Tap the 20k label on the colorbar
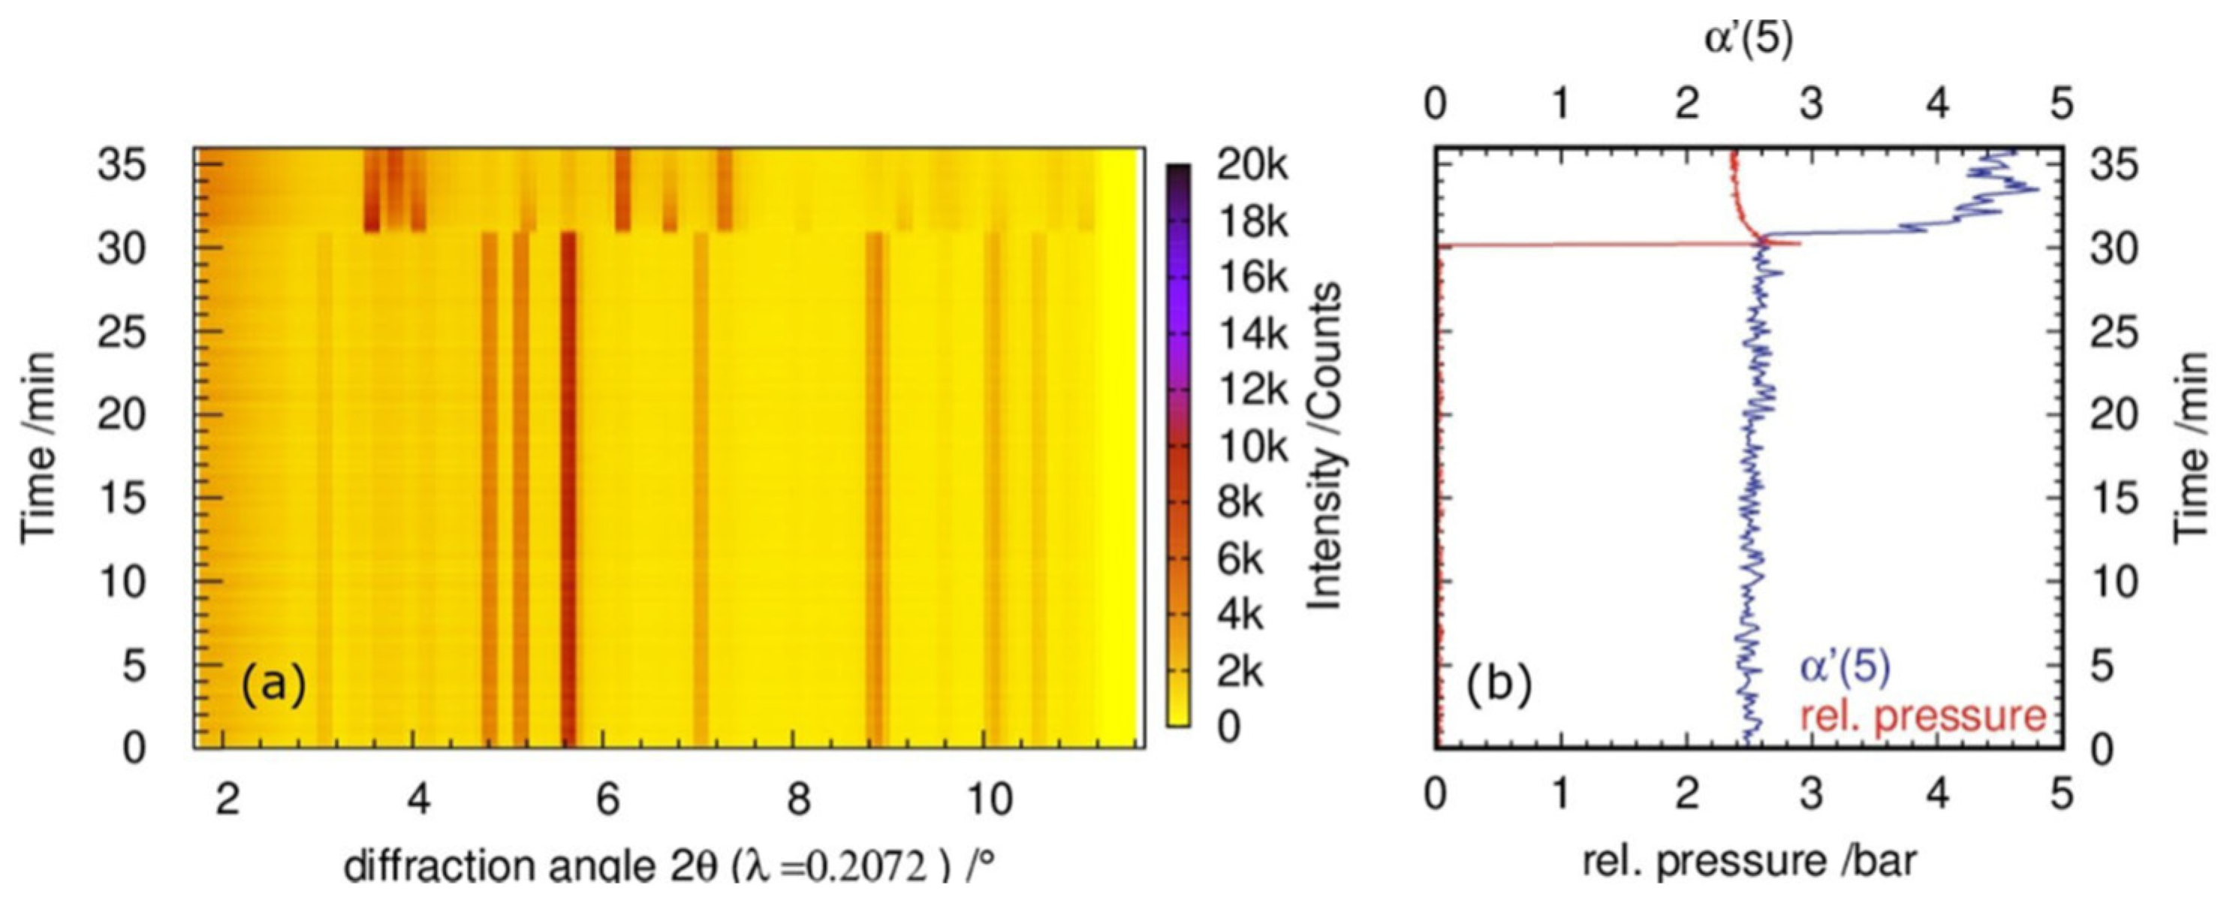point(1252,164)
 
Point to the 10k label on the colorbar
point(1252,447)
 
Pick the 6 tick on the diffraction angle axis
point(607,799)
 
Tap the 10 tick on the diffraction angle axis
point(987,799)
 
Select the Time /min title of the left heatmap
point(38,447)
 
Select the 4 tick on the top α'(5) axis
point(1936,105)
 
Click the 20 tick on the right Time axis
point(2113,415)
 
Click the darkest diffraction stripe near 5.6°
point(568,486)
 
